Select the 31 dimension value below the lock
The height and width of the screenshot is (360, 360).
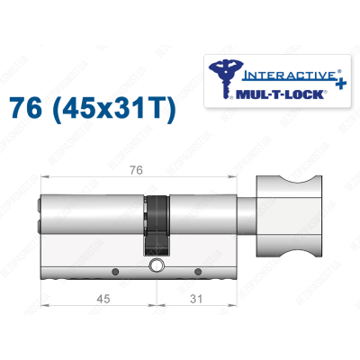pyautogui.click(x=194, y=299)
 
